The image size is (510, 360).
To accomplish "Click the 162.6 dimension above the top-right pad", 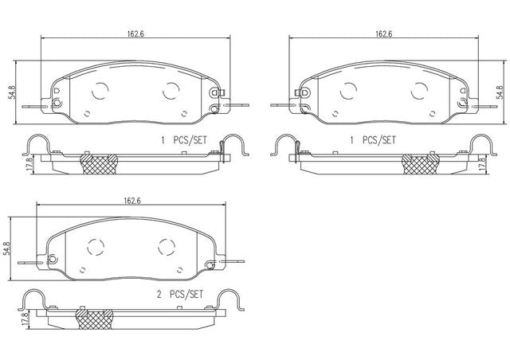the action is point(384,33).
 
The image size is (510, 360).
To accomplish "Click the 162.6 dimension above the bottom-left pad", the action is point(131,201).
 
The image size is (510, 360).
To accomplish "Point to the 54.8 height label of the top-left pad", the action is point(12,92).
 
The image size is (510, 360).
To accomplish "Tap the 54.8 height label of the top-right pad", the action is point(497,92).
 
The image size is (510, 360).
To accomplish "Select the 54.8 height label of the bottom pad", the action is point(7,248).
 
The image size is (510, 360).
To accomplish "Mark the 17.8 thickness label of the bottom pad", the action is point(25,319).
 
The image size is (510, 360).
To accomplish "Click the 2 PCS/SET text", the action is point(180,295).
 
